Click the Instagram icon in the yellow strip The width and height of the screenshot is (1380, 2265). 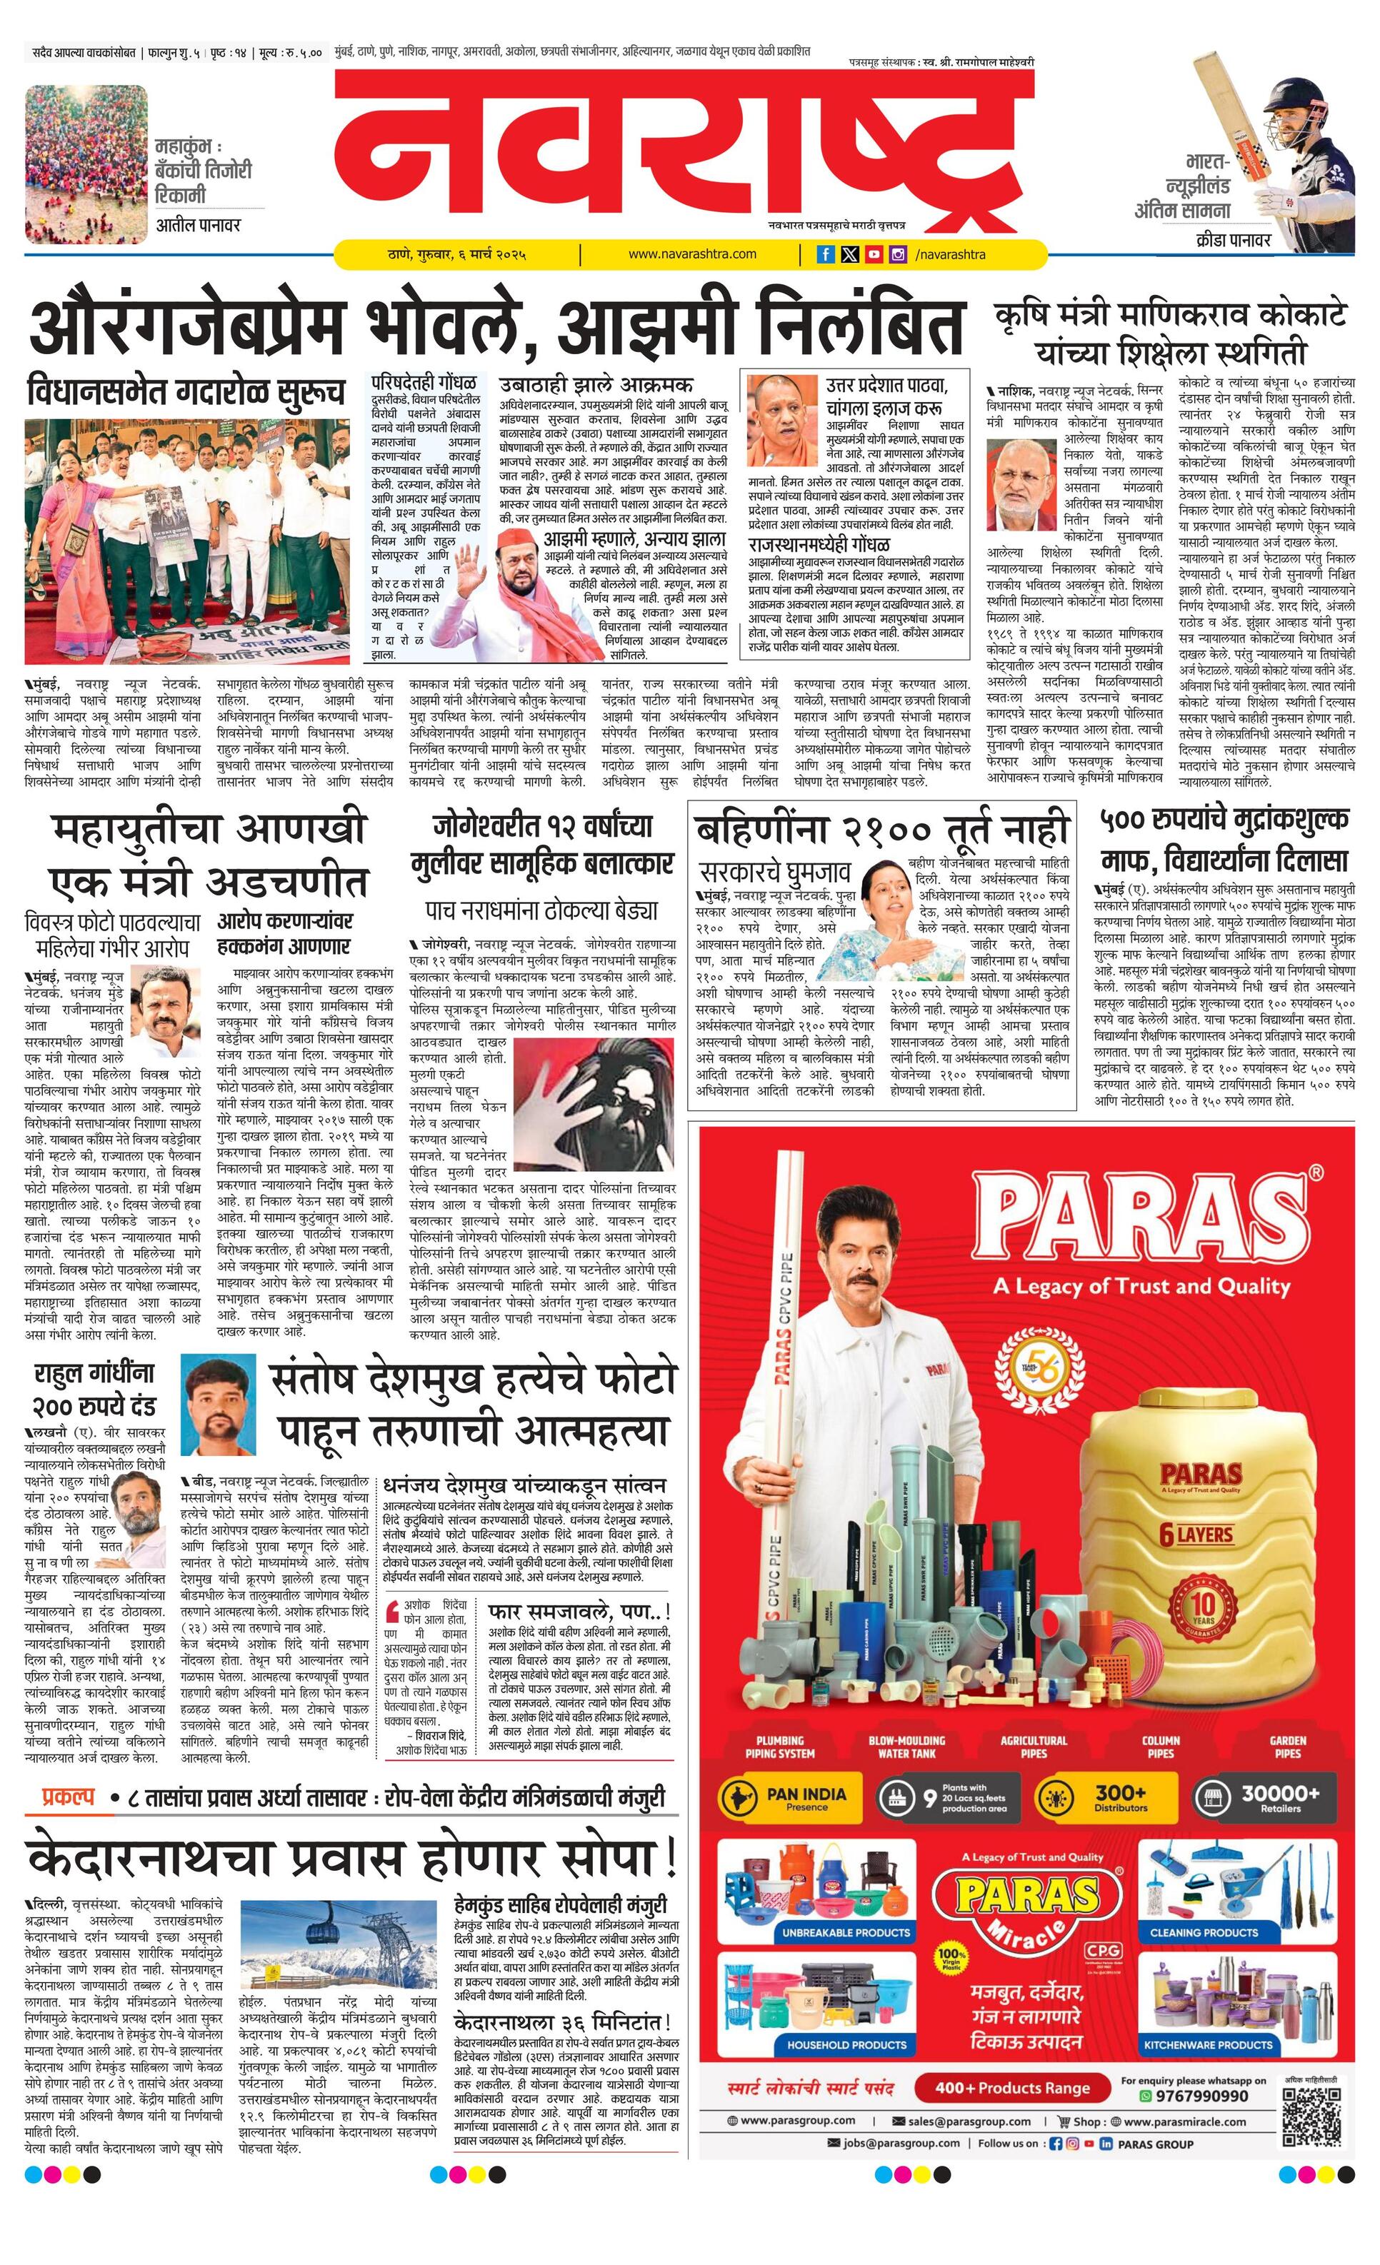click(x=897, y=255)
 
